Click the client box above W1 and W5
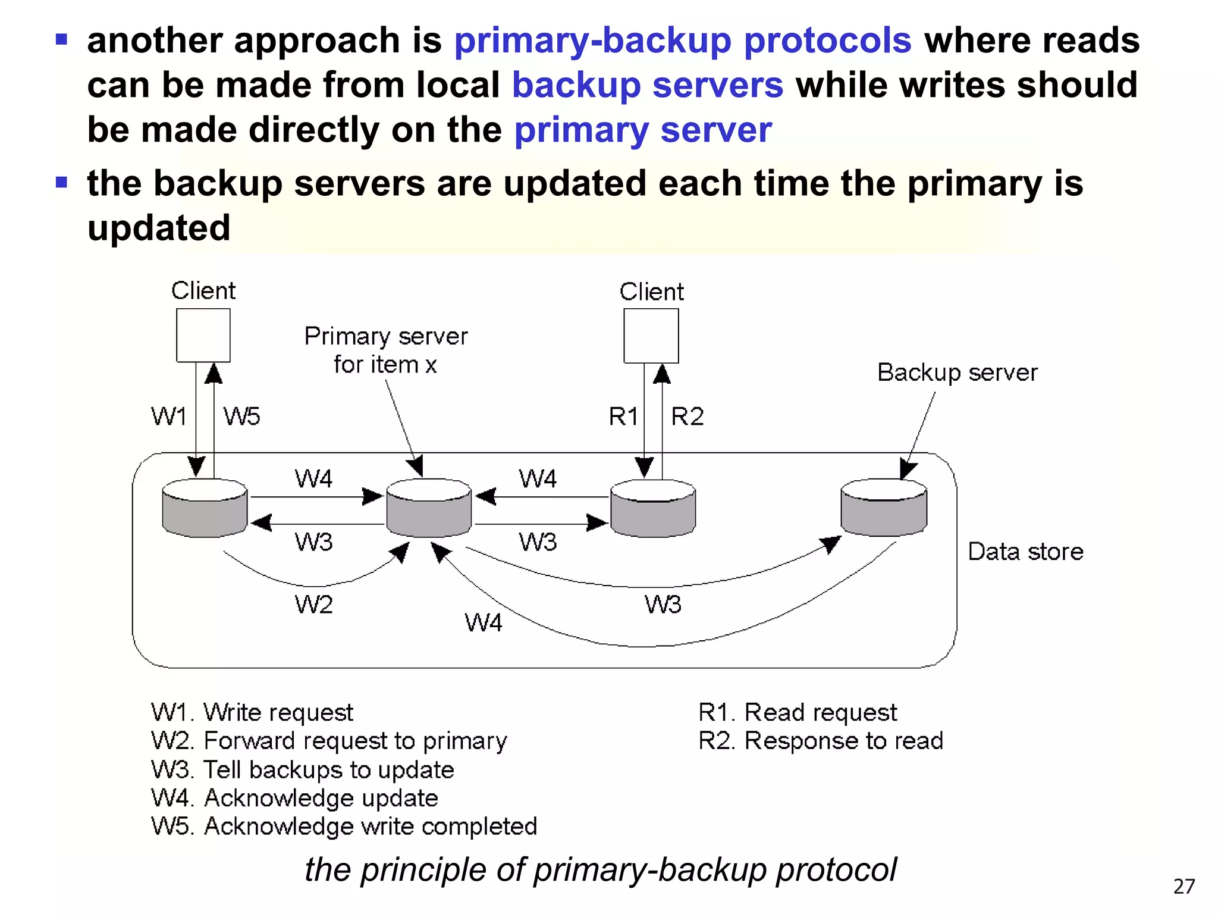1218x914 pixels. tap(203, 335)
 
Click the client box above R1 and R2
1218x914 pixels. tap(651, 336)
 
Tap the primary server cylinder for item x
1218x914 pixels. tap(429, 508)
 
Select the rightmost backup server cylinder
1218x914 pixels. tap(884, 508)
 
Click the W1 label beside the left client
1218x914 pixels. tap(169, 417)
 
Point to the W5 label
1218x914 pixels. tap(241, 417)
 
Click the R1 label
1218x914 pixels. tap(623, 417)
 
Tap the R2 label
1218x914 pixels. tap(687, 417)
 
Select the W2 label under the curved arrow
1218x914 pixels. tap(313, 605)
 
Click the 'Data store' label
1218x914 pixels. tap(1025, 552)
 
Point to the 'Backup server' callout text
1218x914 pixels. tap(957, 373)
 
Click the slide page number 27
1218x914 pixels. tap(1184, 887)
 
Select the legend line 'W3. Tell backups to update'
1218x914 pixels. tap(302, 770)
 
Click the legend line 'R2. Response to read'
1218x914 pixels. tap(820, 741)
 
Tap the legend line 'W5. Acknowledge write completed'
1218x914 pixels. tap(344, 827)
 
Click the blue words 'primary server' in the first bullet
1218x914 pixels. tap(643, 130)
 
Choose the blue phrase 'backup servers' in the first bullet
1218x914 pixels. tap(648, 85)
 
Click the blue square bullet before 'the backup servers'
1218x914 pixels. tap(62, 182)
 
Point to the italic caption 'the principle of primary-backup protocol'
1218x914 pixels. tap(600, 870)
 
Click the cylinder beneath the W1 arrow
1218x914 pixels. tap(205, 508)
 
